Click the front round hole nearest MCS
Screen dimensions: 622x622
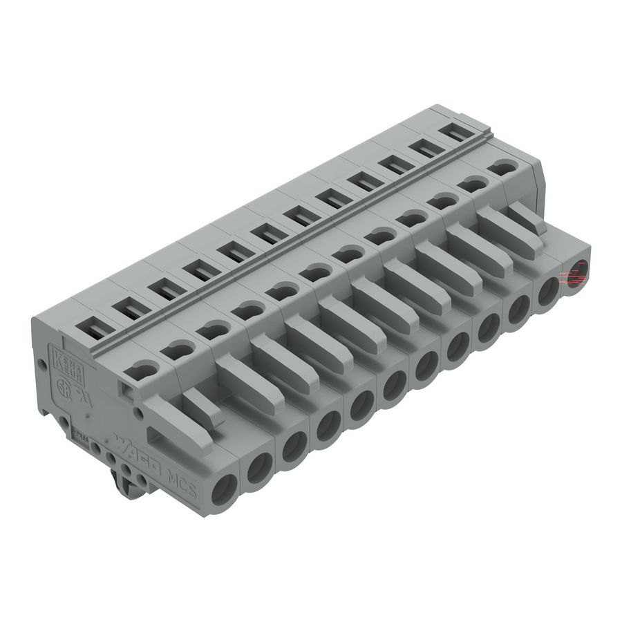224,492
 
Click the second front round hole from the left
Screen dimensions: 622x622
259,469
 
